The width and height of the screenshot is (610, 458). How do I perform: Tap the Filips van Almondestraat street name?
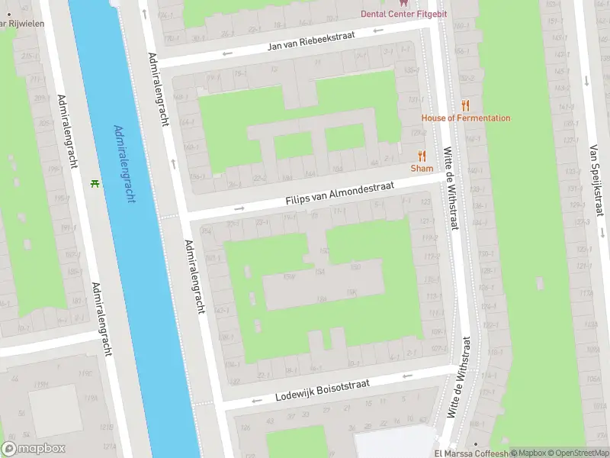[x=339, y=192]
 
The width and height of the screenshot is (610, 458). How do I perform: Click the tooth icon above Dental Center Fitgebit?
[x=404, y=3]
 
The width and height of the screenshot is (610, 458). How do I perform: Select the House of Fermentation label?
[x=466, y=118]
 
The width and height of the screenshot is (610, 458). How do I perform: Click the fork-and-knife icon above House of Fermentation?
[x=465, y=105]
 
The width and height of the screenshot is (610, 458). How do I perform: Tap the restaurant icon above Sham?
[x=422, y=156]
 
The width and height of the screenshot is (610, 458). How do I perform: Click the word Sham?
[x=422, y=169]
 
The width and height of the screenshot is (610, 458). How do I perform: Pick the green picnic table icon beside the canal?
[x=95, y=184]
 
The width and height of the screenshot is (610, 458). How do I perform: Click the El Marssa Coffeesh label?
[x=470, y=452]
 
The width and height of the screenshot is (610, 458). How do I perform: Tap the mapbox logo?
[x=34, y=449]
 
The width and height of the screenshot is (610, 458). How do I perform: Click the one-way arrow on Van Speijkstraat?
[x=586, y=80]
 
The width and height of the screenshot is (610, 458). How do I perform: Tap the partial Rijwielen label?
[x=21, y=24]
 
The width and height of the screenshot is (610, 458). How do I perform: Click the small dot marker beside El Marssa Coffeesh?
[x=477, y=443]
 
